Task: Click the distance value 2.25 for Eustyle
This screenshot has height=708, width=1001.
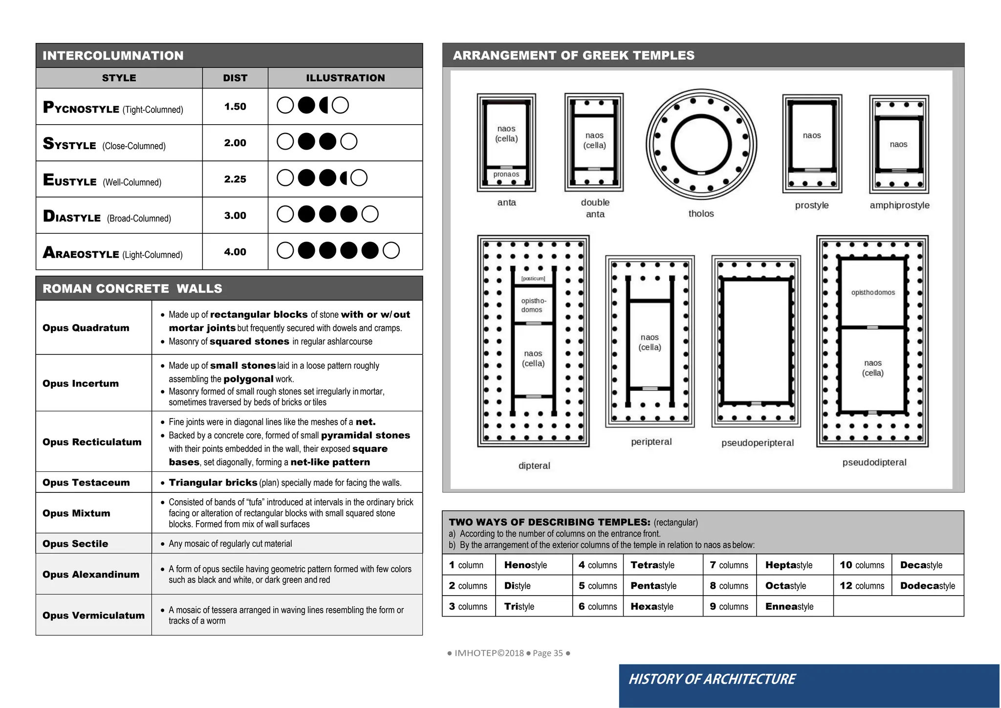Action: click(235, 179)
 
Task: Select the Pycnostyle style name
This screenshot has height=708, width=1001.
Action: click(81, 108)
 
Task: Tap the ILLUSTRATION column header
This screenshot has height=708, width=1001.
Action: click(345, 78)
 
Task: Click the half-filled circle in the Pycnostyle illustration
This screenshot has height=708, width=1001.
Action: click(323, 105)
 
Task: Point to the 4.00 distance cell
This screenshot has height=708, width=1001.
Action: click(235, 252)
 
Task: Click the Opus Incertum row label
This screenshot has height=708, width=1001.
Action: click(81, 383)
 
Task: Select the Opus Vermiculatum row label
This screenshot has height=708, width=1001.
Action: click(93, 615)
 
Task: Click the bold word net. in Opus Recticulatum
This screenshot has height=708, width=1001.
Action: click(366, 422)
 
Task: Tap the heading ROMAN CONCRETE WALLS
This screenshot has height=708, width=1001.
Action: click(132, 288)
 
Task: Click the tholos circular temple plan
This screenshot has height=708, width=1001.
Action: click(701, 145)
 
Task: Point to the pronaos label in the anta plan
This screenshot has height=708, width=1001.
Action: click(506, 175)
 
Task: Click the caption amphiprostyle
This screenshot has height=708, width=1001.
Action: click(899, 205)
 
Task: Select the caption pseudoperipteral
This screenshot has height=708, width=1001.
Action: click(757, 443)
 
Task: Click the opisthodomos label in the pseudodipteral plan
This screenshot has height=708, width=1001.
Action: click(873, 292)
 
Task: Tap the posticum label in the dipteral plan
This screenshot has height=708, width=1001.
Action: click(533, 279)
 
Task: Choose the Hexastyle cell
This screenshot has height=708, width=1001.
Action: click(652, 606)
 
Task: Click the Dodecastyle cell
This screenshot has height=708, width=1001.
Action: click(927, 586)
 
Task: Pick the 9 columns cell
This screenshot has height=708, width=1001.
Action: click(729, 606)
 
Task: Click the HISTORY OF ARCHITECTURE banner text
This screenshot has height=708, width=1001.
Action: click(712, 679)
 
